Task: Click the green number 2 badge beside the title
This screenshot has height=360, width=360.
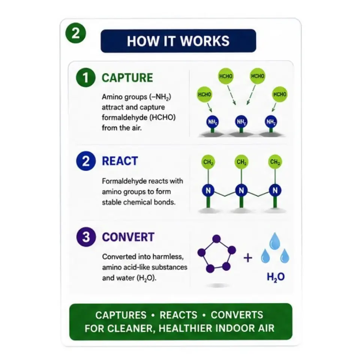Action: click(x=76, y=33)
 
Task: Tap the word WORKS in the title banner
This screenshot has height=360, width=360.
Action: click(x=205, y=41)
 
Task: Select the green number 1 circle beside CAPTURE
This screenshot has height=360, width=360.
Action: click(x=85, y=78)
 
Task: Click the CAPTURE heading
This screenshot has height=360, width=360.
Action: click(x=127, y=78)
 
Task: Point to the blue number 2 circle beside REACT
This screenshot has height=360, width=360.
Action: click(x=85, y=161)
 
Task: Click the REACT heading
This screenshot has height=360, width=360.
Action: click(x=120, y=161)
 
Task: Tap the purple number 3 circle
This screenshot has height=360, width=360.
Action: click(x=86, y=237)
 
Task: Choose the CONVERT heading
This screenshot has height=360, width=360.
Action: click(x=128, y=237)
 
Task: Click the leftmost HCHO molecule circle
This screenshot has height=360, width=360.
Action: click(x=204, y=94)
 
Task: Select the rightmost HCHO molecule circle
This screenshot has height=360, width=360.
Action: click(x=280, y=94)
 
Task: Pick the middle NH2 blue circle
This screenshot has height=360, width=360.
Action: click(x=241, y=121)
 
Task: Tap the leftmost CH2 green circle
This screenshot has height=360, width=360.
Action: click(x=208, y=162)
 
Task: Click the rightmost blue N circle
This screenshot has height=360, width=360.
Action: click(x=275, y=190)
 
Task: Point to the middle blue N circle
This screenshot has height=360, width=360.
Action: click(x=241, y=190)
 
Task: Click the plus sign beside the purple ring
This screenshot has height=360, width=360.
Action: click(x=248, y=258)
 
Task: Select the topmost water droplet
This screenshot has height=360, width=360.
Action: click(x=274, y=241)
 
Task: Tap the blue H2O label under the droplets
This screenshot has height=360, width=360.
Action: click(x=276, y=277)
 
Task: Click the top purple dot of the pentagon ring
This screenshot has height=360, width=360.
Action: click(x=216, y=239)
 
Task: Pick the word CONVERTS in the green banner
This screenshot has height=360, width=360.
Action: click(x=237, y=315)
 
